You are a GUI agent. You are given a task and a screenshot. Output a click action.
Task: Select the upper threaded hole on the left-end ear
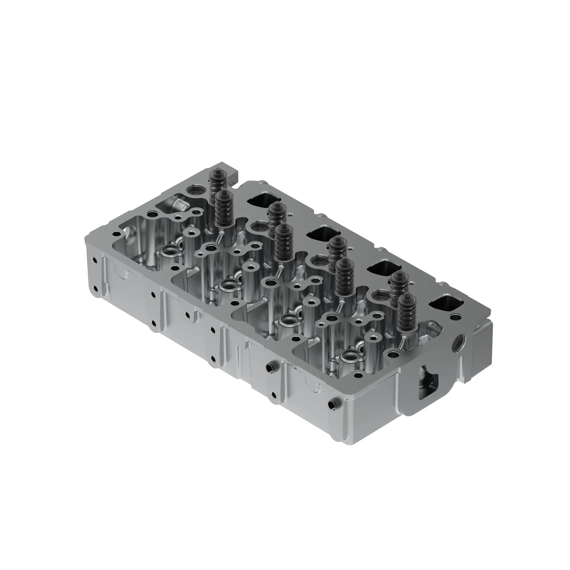click(x=95, y=260)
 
